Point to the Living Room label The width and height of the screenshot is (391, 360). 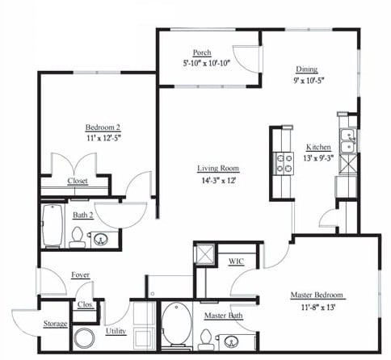coord(219,169)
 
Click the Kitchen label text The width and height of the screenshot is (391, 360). coord(318,147)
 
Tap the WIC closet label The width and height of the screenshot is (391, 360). coord(236,262)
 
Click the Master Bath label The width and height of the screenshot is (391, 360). coord(219,316)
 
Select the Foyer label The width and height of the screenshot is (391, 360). coord(80,274)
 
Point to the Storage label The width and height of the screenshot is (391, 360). coord(56,324)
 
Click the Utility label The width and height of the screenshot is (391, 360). coord(116,331)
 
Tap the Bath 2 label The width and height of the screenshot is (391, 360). coord(83,215)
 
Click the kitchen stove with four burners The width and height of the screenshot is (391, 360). coord(284,164)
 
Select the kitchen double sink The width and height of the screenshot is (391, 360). coord(347,141)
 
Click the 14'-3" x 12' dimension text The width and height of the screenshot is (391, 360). coord(219,181)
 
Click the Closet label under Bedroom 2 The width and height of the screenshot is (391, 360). coord(78,181)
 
